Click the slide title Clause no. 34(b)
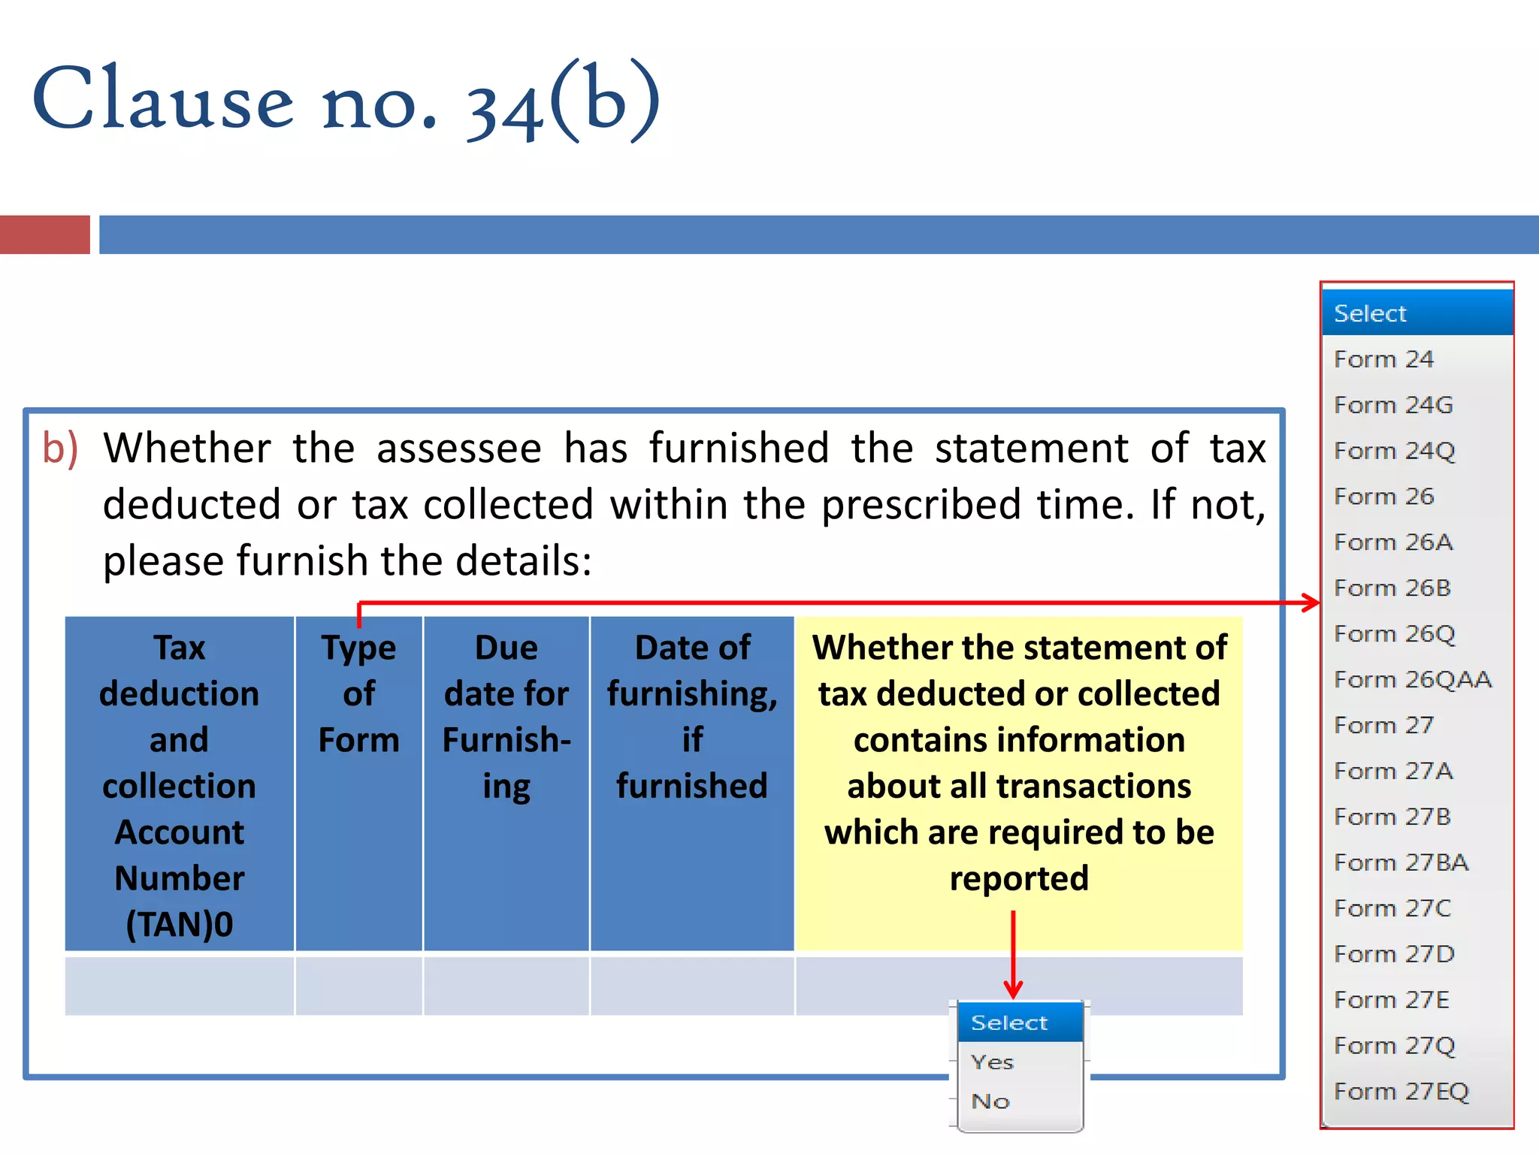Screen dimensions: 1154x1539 [x=346, y=101]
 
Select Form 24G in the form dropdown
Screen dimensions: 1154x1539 [x=1393, y=405]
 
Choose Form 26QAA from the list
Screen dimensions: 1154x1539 [x=1412, y=680]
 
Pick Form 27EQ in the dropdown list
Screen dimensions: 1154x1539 [x=1401, y=1092]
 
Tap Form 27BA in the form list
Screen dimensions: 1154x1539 [x=1401, y=862]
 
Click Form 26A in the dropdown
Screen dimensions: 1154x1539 [x=1393, y=542]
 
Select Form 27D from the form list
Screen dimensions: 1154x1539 [x=1394, y=954]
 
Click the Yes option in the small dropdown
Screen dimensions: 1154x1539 [x=992, y=1062]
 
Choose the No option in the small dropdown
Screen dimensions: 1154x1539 [x=990, y=1101]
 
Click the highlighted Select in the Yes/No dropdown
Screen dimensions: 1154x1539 [x=1009, y=1023]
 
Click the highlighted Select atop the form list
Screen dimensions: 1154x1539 [x=1370, y=313]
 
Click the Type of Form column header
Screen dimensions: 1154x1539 [x=359, y=693]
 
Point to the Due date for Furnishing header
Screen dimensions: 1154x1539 [x=506, y=716]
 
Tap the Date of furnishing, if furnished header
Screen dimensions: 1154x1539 [x=692, y=716]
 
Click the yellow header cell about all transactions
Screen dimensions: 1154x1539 [x=1019, y=763]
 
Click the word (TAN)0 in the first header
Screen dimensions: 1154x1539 [x=180, y=924]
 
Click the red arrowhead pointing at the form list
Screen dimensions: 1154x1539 [x=1312, y=603]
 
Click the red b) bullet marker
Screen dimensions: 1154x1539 [x=60, y=449]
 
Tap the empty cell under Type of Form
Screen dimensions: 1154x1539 [x=359, y=985]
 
